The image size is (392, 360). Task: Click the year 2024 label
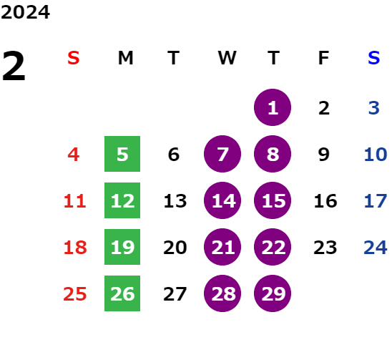click(25, 12)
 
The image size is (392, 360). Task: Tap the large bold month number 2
click(14, 66)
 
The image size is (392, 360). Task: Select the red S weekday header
click(74, 58)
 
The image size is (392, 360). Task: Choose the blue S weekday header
click(373, 58)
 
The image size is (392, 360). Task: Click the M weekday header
click(125, 58)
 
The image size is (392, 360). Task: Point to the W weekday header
click(227, 58)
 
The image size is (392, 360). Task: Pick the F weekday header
click(324, 58)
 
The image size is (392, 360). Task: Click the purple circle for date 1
click(273, 107)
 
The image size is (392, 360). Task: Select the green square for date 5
click(122, 154)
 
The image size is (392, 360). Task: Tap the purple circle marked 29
click(273, 293)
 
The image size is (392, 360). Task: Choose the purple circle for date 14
click(222, 200)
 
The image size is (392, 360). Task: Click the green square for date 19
click(122, 247)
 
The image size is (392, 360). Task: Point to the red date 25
click(75, 293)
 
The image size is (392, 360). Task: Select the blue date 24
click(376, 248)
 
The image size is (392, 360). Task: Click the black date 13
click(175, 201)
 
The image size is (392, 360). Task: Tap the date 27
click(175, 294)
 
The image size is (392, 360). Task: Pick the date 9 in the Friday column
click(324, 155)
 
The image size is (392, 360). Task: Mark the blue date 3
click(374, 108)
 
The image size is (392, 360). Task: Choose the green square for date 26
click(122, 293)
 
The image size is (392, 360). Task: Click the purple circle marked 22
click(273, 247)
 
